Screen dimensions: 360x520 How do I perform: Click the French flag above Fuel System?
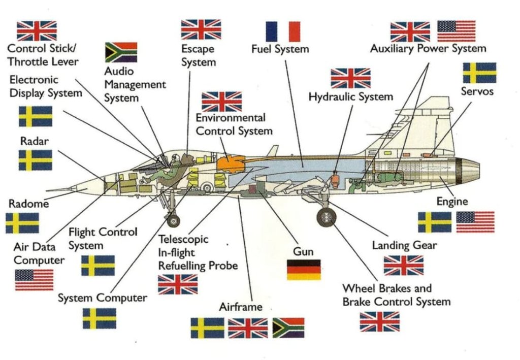(x=283, y=31)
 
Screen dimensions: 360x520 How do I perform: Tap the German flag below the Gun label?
(x=304, y=270)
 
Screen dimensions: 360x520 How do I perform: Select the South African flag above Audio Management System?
(x=121, y=52)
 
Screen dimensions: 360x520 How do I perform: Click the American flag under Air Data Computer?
(x=34, y=280)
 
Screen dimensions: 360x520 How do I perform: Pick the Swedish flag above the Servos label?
(x=479, y=73)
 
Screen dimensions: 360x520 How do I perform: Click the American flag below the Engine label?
(x=475, y=222)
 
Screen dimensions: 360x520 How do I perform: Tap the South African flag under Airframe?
(x=288, y=328)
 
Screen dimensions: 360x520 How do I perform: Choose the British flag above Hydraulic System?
(x=350, y=78)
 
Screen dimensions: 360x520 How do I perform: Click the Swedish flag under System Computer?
(x=99, y=318)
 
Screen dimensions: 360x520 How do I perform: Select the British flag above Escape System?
(x=201, y=29)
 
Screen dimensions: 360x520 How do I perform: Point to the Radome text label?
(x=29, y=204)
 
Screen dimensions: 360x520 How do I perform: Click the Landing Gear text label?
(x=404, y=245)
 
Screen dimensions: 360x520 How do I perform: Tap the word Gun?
(x=303, y=251)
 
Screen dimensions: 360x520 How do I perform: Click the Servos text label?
(x=477, y=91)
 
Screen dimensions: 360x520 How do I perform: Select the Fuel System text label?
(x=280, y=49)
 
